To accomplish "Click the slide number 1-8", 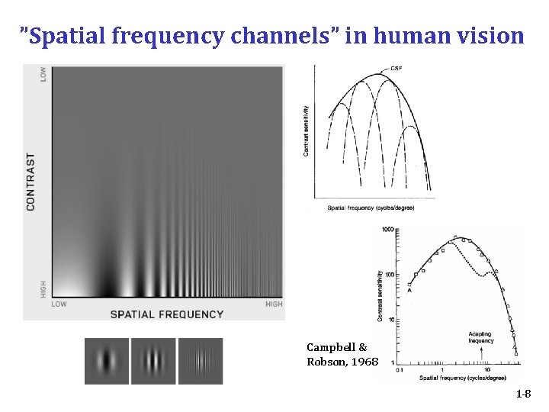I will pyautogui.click(x=523, y=394).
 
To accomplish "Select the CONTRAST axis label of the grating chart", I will pyautogui.click(x=31, y=182).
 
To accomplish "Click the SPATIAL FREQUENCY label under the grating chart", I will pyautogui.click(x=167, y=314).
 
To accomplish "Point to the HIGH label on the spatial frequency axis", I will pyautogui.click(x=273, y=304).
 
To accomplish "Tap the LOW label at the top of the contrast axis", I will pyautogui.click(x=43, y=74).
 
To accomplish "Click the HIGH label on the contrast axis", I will pyautogui.click(x=43, y=288).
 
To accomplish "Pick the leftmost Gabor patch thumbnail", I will pyautogui.click(x=107, y=361).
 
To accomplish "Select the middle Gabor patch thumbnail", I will pyautogui.click(x=154, y=361).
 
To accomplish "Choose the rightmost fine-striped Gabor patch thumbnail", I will pyautogui.click(x=201, y=361).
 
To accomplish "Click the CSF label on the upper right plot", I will pyautogui.click(x=396, y=69).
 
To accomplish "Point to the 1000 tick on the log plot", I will pyautogui.click(x=387, y=230).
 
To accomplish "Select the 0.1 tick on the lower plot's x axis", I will pyautogui.click(x=400, y=369).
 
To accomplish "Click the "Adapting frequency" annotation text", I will pyautogui.click(x=481, y=337).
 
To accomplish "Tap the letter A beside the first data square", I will pyautogui.click(x=409, y=289).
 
